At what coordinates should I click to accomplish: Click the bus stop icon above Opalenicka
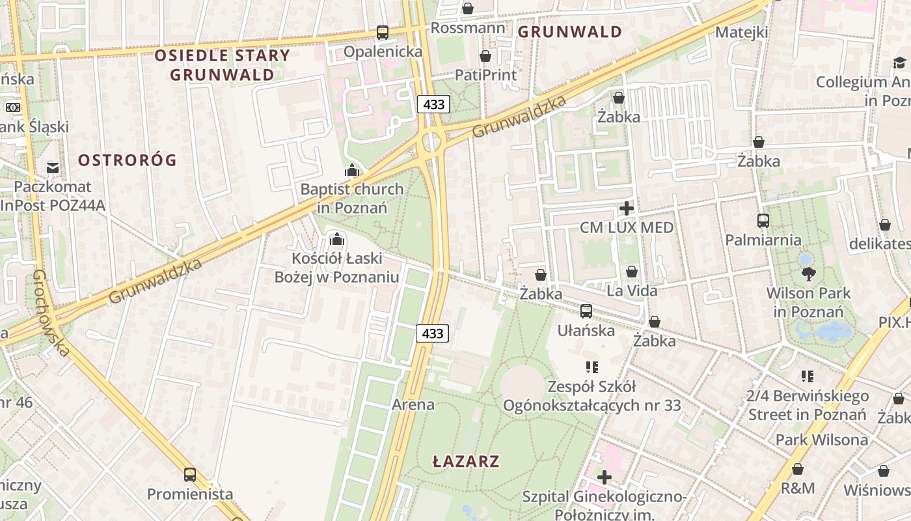coord(383,32)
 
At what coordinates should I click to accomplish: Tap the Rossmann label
coord(467,28)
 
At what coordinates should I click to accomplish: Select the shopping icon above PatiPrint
coord(485,56)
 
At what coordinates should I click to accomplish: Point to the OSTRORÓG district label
coord(128,160)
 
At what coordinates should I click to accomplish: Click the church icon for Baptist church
coord(352,171)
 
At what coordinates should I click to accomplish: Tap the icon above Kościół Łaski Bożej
coord(336,239)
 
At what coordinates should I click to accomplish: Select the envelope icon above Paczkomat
coord(53,168)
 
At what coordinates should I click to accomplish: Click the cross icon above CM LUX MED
coord(627,208)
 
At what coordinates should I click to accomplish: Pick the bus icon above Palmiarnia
coord(763,221)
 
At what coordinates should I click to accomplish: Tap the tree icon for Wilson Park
coord(809,274)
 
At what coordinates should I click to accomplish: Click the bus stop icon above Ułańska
coord(586,311)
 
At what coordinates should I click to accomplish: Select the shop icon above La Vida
coord(632,272)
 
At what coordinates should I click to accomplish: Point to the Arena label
coord(413,404)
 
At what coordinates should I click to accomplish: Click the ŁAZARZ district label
coord(466,462)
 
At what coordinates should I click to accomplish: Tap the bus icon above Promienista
coord(189,474)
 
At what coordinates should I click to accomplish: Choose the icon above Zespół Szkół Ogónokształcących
coord(591,367)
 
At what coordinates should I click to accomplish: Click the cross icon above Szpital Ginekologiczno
coord(605,477)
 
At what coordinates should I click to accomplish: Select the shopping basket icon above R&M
coord(798,469)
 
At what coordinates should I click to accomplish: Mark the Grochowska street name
coord(50,313)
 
